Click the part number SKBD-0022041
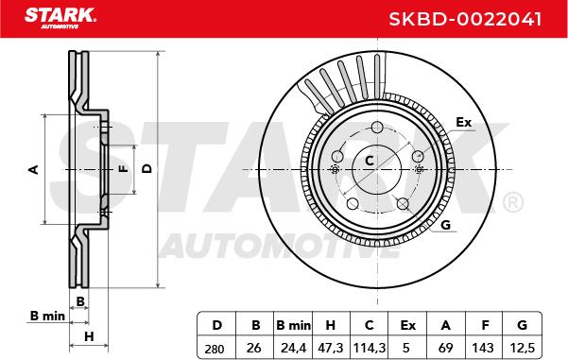465,19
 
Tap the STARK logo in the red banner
60,18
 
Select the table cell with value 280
215,349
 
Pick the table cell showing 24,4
293,348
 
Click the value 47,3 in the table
331,348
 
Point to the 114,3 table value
370,348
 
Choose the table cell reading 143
483,348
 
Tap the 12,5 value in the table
522,348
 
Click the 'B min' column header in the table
293,325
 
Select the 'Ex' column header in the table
407,325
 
